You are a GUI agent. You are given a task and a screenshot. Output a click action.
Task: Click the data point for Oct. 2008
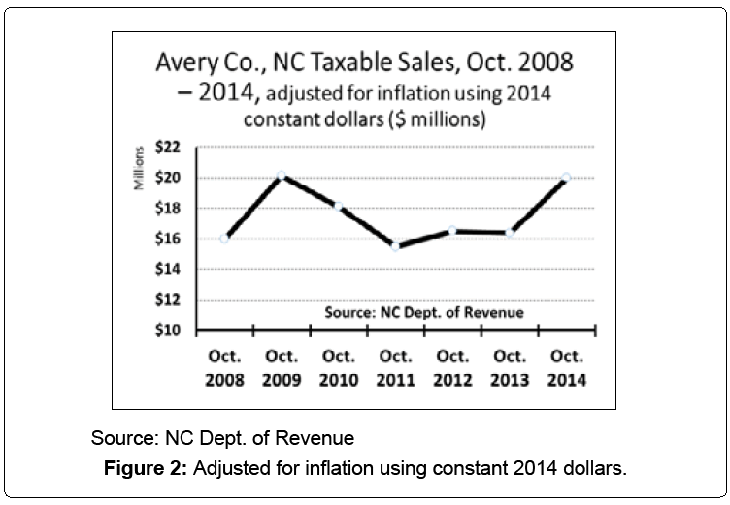(x=225, y=238)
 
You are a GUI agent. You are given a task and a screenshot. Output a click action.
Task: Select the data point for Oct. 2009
(x=282, y=176)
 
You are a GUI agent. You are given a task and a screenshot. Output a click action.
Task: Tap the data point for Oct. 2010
(x=338, y=206)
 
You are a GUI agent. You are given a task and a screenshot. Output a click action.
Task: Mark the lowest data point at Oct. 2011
(x=395, y=245)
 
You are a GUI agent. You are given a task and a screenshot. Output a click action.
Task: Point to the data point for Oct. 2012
(x=452, y=230)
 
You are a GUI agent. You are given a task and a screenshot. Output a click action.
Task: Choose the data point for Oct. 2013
(x=509, y=232)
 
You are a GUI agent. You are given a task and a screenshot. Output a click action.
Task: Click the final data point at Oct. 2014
(x=566, y=178)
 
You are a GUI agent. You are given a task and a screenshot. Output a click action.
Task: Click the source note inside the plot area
(x=422, y=313)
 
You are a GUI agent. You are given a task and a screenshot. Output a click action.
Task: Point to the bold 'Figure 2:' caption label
(x=146, y=470)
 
